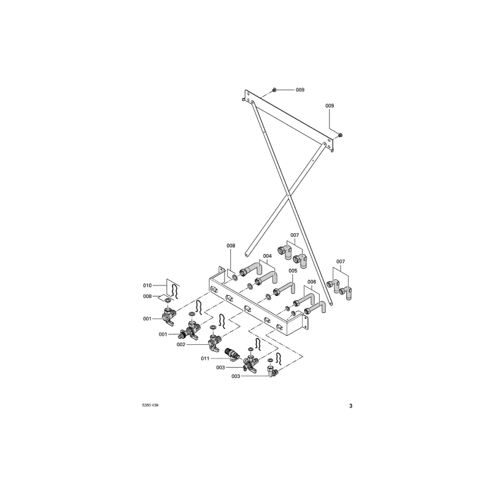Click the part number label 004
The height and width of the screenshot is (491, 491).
point(268,256)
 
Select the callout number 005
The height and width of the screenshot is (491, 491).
point(293,271)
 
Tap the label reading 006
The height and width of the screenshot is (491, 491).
point(312,282)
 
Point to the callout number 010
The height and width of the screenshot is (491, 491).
point(147,285)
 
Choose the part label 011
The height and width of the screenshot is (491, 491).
point(205,358)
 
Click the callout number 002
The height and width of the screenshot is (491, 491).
point(181,344)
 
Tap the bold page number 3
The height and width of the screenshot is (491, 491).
point(350,406)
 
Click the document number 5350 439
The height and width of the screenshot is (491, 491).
point(150,405)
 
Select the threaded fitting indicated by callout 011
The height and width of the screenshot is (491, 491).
point(231,354)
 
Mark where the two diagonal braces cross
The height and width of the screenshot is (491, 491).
point(288,196)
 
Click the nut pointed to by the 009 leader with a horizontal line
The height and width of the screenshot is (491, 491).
point(274,90)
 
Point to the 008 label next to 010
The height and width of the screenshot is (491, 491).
point(147,296)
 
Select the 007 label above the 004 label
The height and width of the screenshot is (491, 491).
point(295,235)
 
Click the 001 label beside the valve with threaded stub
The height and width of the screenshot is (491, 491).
point(163,334)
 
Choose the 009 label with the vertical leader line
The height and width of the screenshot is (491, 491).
point(330,106)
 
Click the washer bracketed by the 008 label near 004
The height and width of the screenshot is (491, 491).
point(234,277)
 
